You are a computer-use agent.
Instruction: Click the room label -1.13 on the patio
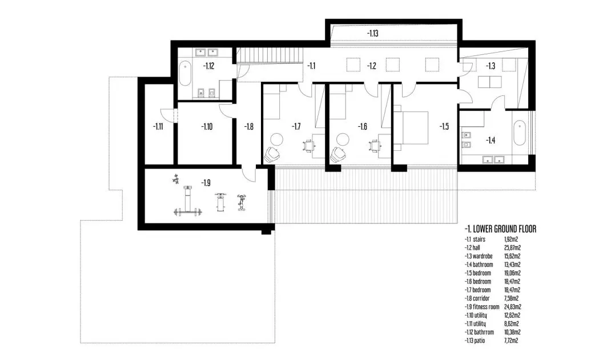pyautogui.click(x=372, y=33)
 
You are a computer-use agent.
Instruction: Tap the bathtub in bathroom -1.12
pyautogui.click(x=185, y=73)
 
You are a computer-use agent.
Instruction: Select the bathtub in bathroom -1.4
pyautogui.click(x=520, y=133)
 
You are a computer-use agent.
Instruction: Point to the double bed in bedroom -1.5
pyautogui.click(x=411, y=128)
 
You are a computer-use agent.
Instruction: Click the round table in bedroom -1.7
pyautogui.click(x=277, y=139)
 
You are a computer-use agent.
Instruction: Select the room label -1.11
pyautogui.click(x=158, y=126)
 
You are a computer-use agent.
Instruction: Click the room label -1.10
pyautogui.click(x=207, y=126)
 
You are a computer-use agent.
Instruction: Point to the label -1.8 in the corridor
pyautogui.click(x=248, y=126)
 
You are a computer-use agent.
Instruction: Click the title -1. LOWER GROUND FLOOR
pyautogui.click(x=500, y=229)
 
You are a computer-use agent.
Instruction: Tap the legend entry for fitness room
pyautogui.click(x=481, y=307)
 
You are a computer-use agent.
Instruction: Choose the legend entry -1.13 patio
pyautogui.click(x=475, y=341)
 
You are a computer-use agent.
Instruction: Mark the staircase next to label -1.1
pyautogui.click(x=271, y=55)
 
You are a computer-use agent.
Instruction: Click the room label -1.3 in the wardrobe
pyautogui.click(x=491, y=66)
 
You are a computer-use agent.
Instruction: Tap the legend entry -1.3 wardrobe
pyautogui.click(x=479, y=256)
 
